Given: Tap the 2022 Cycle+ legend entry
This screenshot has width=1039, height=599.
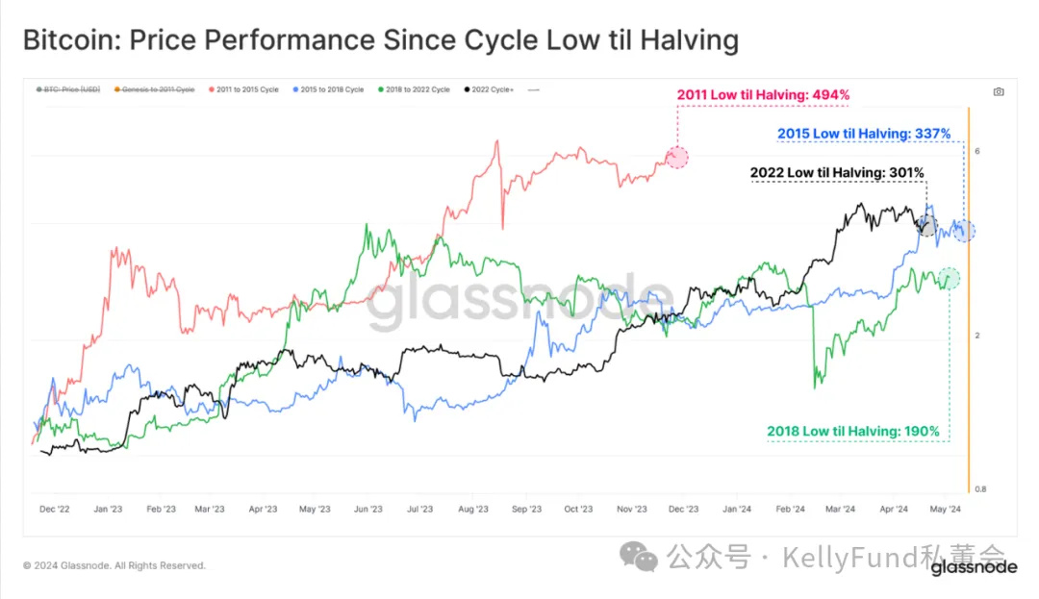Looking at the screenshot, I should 492,89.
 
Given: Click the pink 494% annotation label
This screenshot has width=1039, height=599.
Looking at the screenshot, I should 763,94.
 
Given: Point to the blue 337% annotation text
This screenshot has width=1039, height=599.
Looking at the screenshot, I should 863,134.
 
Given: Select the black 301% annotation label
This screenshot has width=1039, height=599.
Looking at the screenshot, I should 837,173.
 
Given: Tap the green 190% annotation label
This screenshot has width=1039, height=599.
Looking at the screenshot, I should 852,431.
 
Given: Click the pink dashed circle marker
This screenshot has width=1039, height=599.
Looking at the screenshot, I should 677,158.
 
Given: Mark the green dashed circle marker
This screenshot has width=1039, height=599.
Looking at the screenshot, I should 950,278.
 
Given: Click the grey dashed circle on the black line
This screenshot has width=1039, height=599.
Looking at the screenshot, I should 926,226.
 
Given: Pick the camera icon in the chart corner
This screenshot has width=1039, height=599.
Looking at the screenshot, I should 998,91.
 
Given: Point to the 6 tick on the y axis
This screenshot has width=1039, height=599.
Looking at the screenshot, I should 976,152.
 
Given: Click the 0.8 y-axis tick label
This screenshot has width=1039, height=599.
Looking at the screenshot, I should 979,488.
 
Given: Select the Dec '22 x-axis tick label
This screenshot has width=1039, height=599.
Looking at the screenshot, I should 55,511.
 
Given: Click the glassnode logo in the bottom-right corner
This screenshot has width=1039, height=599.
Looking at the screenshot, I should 974,568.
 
